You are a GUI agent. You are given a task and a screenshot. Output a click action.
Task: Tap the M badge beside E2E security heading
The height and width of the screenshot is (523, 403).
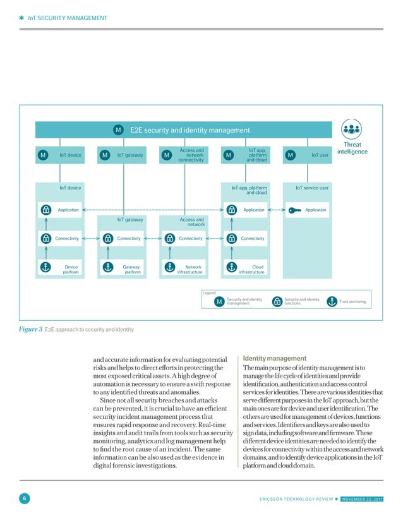pyautogui.click(x=118, y=130)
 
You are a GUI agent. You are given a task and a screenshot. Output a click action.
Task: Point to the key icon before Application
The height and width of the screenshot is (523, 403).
pyautogui.click(x=294, y=210)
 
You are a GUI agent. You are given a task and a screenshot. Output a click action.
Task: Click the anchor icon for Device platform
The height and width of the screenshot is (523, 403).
pyautogui.click(x=45, y=267)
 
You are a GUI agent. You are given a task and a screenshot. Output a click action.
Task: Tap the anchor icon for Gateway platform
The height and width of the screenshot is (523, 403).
pyautogui.click(x=107, y=267)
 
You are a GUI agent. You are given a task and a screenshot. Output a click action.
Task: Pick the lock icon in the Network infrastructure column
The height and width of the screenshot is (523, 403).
pyautogui.click(x=168, y=239)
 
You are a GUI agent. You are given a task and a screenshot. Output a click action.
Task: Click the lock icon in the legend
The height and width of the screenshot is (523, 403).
pyautogui.click(x=277, y=302)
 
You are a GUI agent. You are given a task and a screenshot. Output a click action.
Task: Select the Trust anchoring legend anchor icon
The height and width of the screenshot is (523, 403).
pyautogui.click(x=332, y=302)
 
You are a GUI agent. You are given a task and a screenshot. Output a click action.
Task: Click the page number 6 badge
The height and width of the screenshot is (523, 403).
pyautogui.click(x=23, y=500)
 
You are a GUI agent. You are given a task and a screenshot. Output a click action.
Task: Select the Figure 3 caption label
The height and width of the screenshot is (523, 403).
pyautogui.click(x=31, y=329)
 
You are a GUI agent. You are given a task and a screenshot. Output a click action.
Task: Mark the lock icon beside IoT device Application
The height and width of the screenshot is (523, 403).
pyautogui.click(x=45, y=210)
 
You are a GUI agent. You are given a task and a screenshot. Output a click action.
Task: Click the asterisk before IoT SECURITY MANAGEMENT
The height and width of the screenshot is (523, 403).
pyautogui.click(x=21, y=18)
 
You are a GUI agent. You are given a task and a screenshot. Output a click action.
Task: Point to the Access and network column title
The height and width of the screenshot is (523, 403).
pyautogui.click(x=192, y=222)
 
